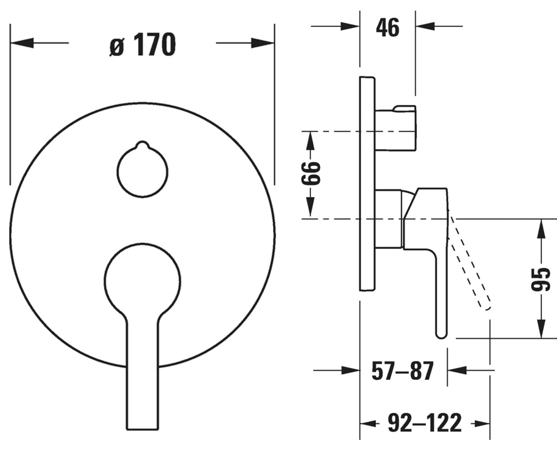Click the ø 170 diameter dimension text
[142, 45]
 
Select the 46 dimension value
[388, 28]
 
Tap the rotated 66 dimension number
[311, 173]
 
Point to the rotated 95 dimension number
[541, 279]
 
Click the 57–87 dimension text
[402, 371]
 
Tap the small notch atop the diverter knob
[142, 144]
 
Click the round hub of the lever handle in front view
[142, 280]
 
